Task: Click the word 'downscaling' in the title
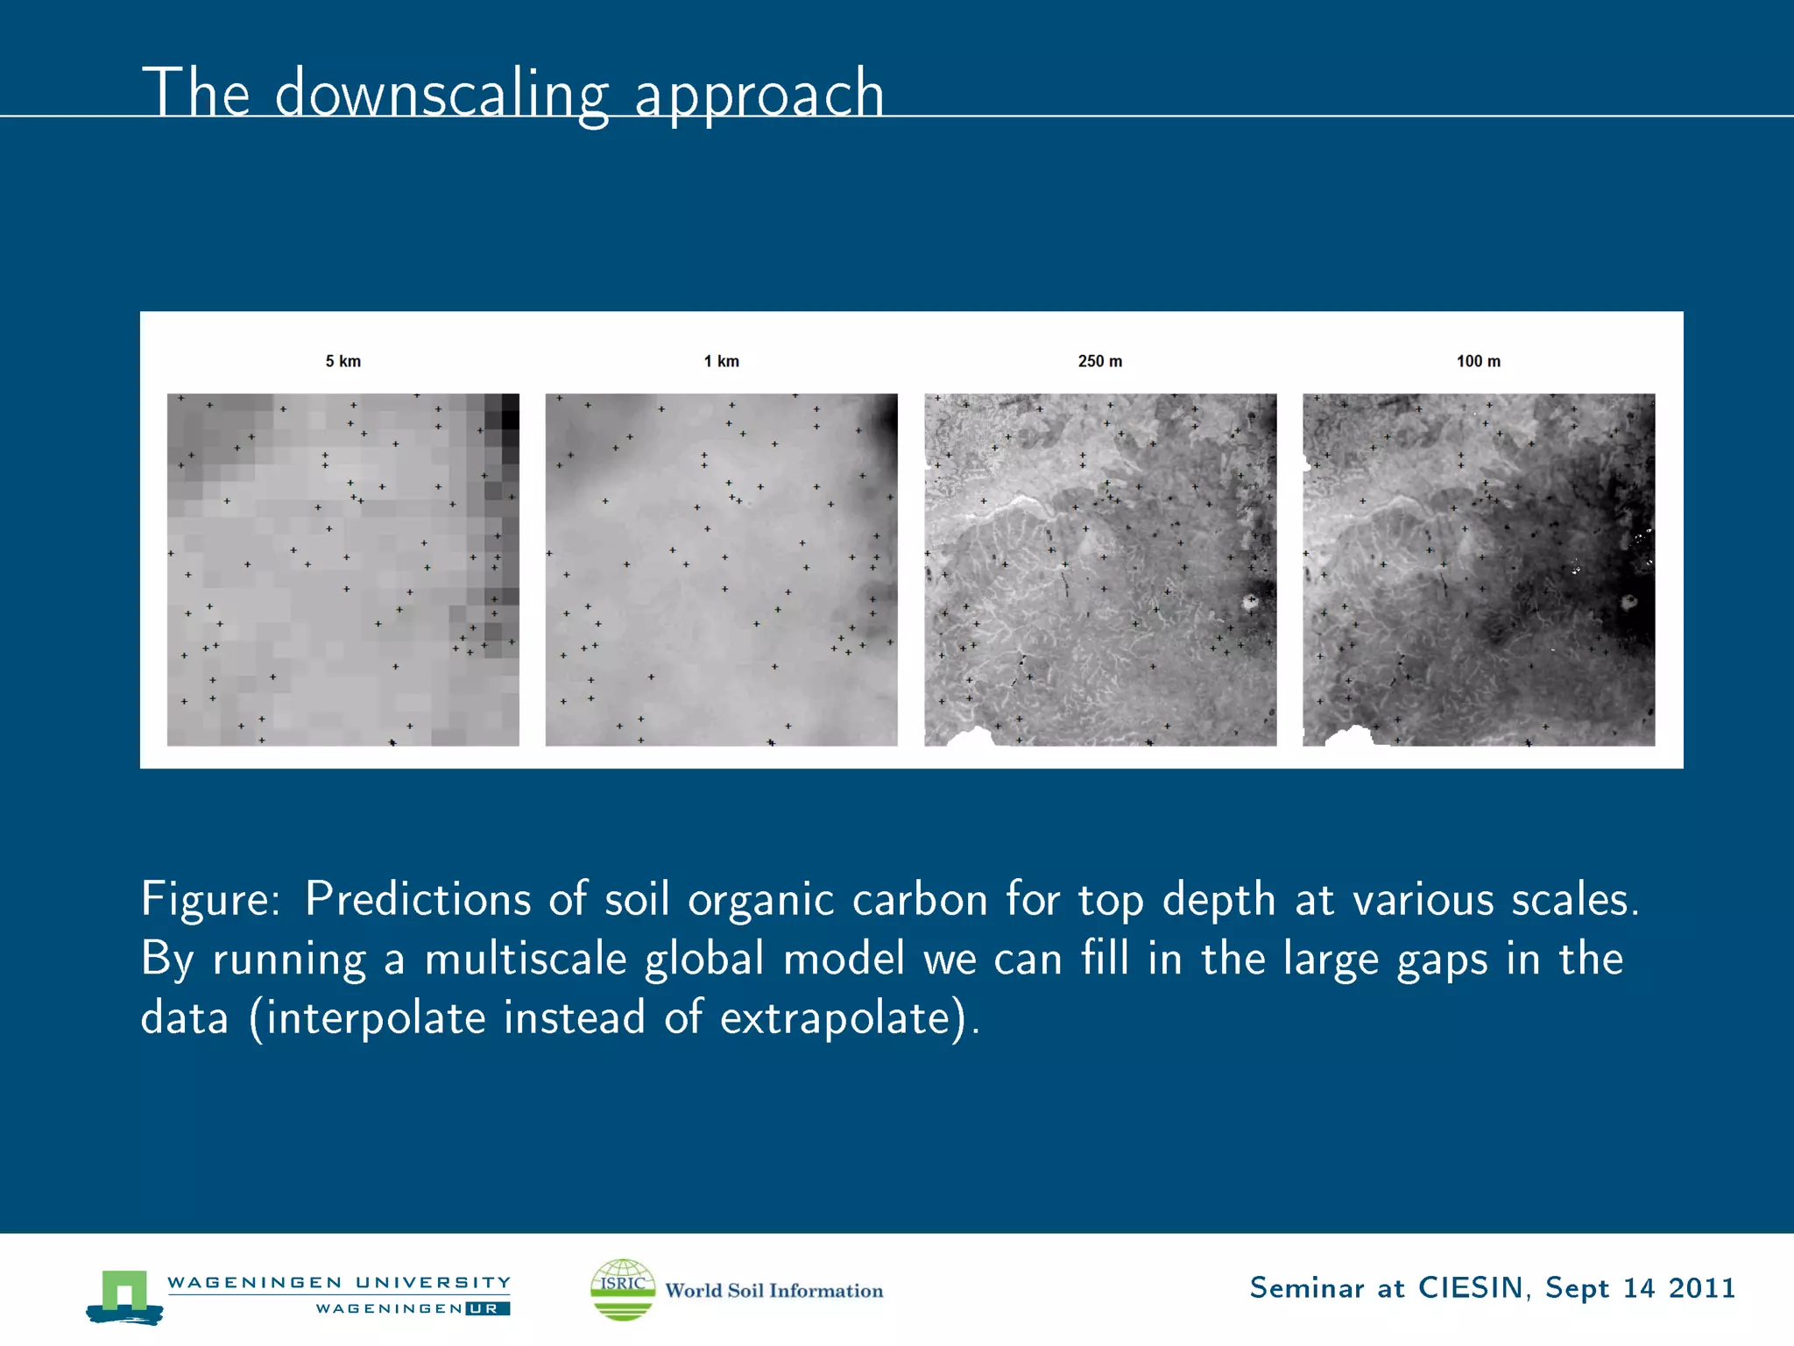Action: tap(441, 95)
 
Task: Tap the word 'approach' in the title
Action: tap(759, 95)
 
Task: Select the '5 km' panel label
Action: tap(343, 361)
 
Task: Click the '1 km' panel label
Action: tap(721, 361)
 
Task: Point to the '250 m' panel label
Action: tap(1099, 361)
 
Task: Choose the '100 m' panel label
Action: tap(1478, 361)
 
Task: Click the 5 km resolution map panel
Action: tap(343, 570)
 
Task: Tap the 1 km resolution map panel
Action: tap(721, 570)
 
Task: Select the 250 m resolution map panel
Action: tap(1099, 570)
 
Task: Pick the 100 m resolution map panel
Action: tap(1478, 570)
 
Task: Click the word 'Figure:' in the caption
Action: tap(210, 900)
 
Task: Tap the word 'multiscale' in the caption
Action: tap(526, 959)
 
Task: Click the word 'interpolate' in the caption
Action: tap(376, 1018)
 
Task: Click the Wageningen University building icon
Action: tap(124, 1296)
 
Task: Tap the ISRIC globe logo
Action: tap(623, 1289)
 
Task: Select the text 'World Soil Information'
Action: tap(774, 1291)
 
